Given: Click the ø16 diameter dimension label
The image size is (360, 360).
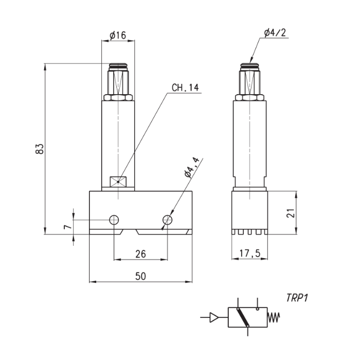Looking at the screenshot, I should [118, 35].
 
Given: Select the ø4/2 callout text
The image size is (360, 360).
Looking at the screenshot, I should [275, 32].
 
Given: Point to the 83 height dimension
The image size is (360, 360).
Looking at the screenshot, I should [39, 149].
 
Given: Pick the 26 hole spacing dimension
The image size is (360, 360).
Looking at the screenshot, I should [140, 254].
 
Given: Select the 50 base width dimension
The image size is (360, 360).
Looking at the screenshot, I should [140, 276].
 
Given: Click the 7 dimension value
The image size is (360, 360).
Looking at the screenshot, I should [66, 227].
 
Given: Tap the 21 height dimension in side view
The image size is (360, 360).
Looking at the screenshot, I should [305, 213].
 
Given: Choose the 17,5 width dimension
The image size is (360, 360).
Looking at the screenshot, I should [249, 254].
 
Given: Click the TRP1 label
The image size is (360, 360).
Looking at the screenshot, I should [297, 298].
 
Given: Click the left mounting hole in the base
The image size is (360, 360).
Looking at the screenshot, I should [114, 220].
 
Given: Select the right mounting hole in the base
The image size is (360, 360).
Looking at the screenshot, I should [167, 220].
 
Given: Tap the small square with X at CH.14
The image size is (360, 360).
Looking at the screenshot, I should [118, 182].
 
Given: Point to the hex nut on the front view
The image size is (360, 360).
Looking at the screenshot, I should [118, 97].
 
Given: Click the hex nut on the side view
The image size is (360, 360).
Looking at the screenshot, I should [250, 97].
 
